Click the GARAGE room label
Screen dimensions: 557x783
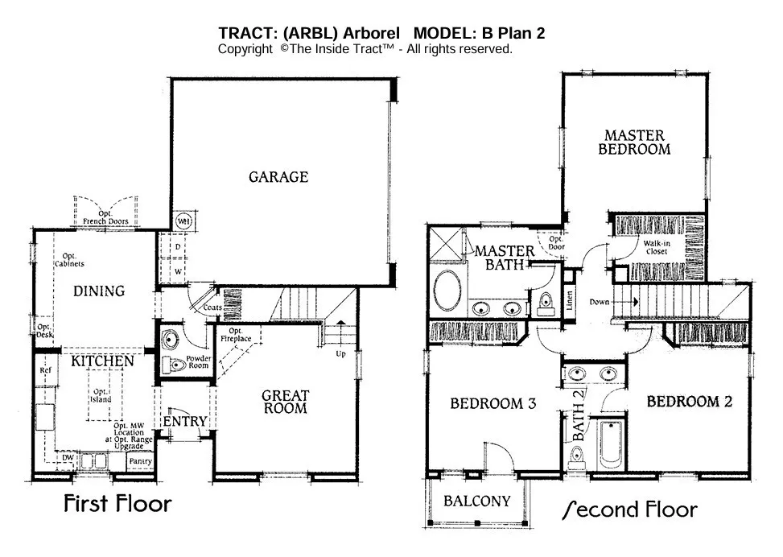(278, 177)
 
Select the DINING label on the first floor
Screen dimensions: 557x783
(100, 291)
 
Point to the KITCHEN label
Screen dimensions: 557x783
(101, 361)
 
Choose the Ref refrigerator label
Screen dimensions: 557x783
(46, 370)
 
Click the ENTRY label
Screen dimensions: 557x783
(185, 421)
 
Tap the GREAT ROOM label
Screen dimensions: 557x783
(286, 402)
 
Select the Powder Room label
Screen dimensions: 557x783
(197, 361)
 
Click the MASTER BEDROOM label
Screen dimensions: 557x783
(635, 142)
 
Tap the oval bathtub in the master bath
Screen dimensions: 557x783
(447, 291)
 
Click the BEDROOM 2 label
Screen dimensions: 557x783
(689, 402)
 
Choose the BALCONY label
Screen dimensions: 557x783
(477, 501)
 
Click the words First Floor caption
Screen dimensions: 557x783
(117, 505)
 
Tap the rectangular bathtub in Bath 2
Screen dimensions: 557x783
(609, 444)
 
